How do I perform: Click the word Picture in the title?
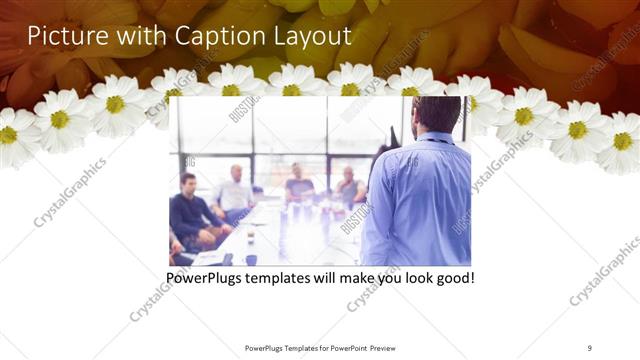tap(63, 37)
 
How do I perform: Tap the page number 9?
tap(590, 347)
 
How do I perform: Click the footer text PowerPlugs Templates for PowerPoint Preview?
tap(319, 347)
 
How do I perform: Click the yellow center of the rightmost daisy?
tap(623, 141)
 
